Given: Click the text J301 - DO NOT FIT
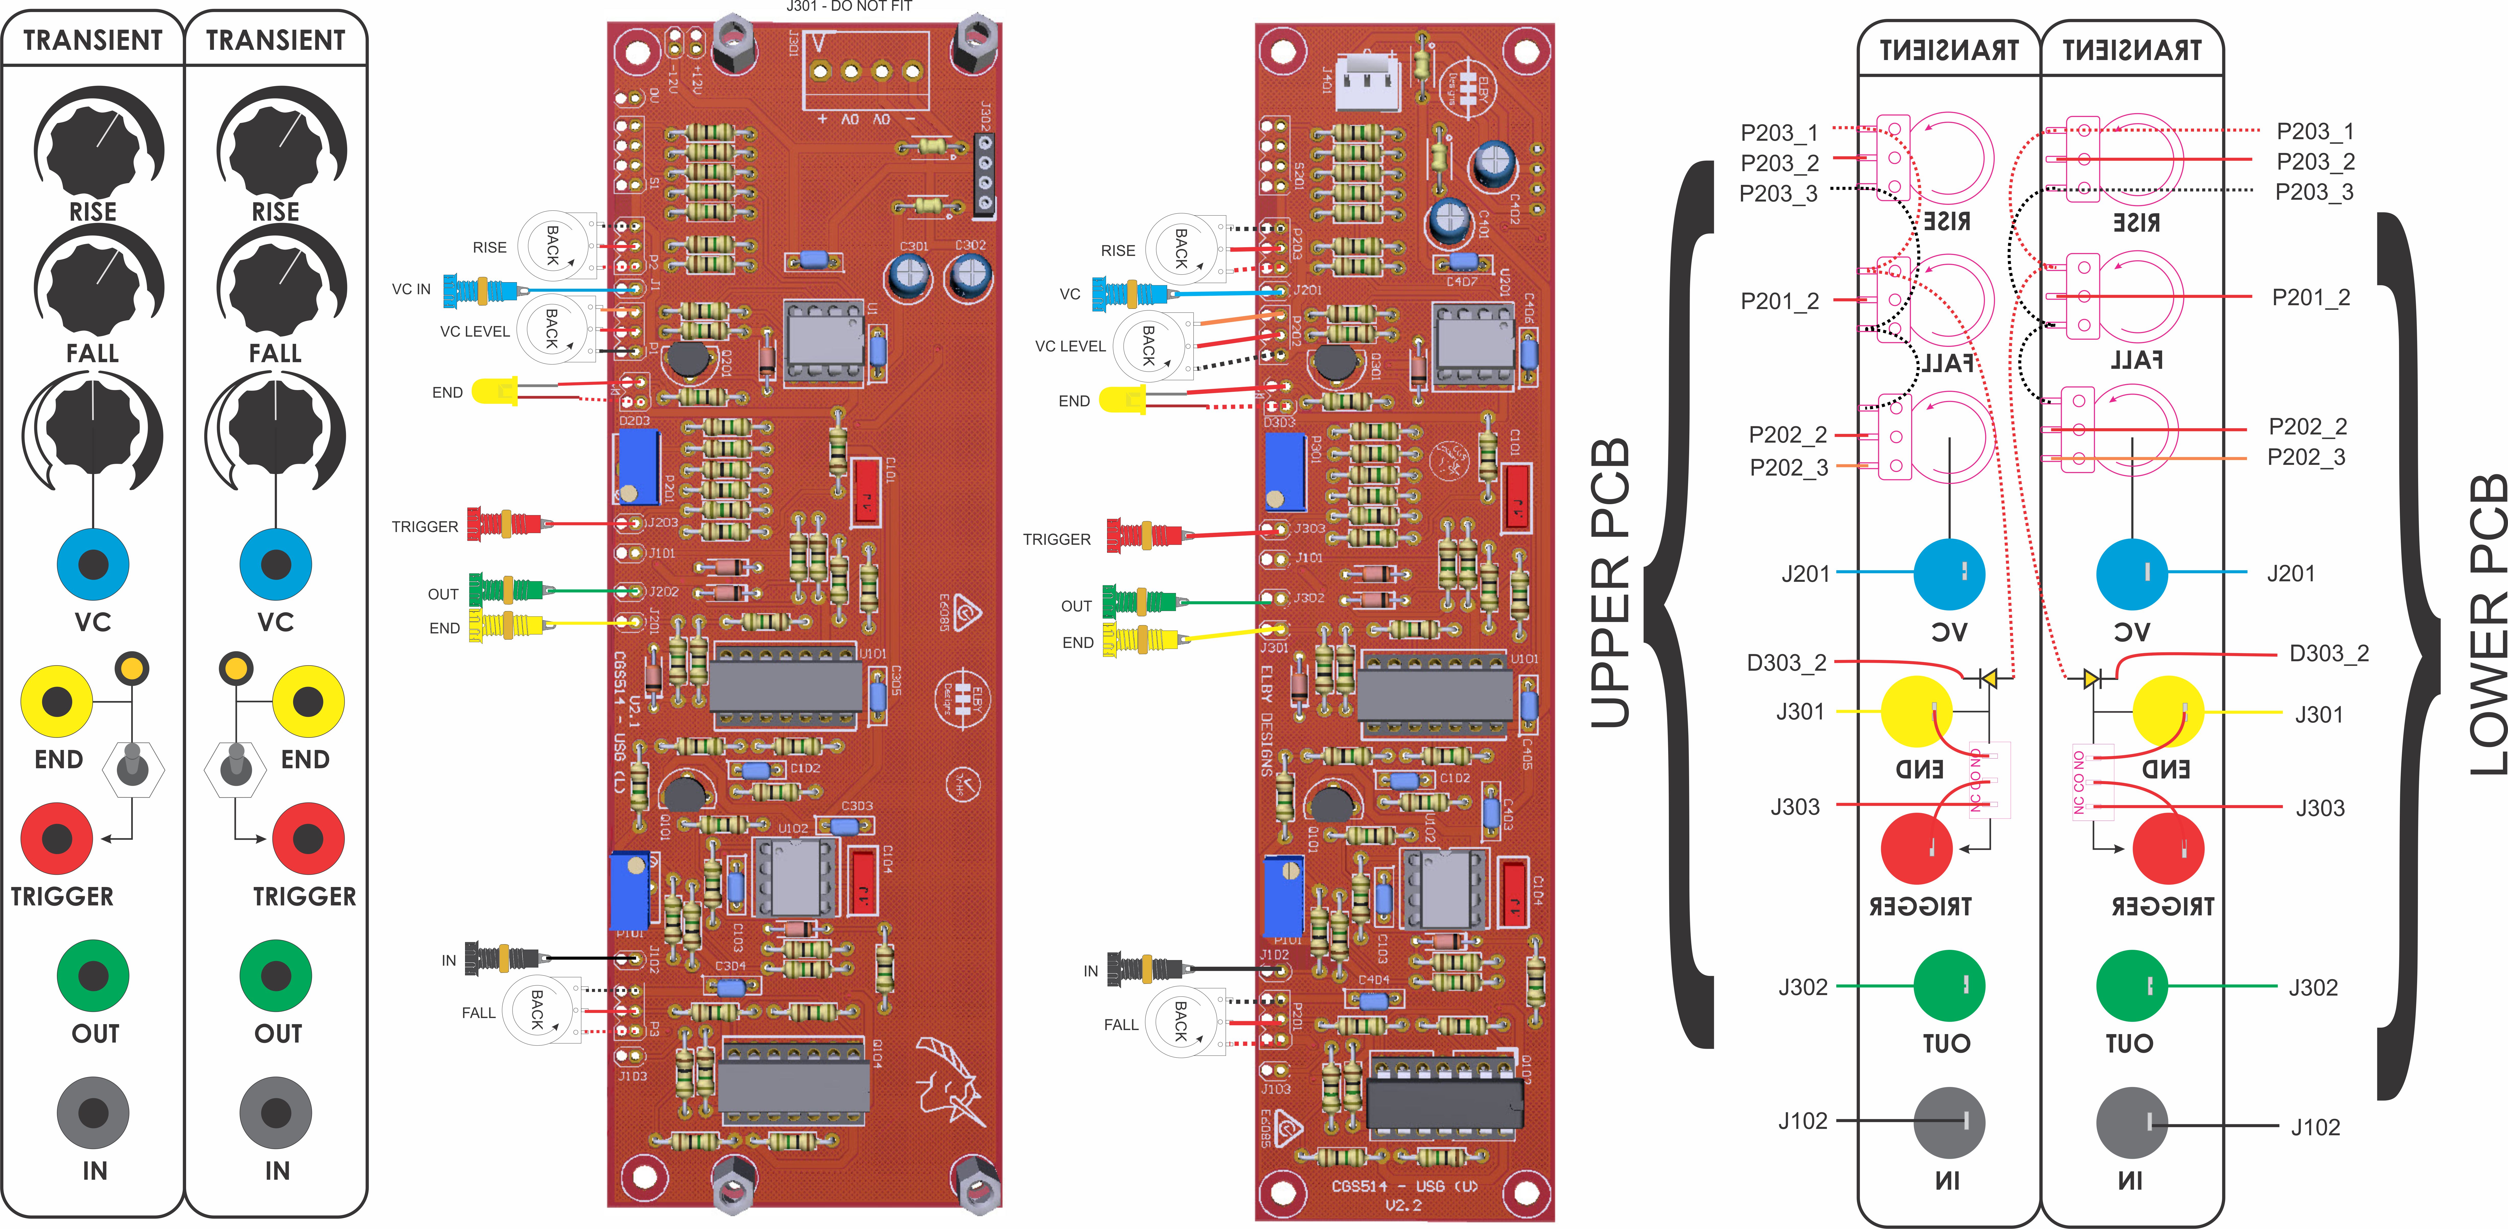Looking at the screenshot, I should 849,7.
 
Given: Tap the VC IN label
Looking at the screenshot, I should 411,289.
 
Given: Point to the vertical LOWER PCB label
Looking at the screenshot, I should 2488,623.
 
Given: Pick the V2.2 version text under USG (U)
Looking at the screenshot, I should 1403,1206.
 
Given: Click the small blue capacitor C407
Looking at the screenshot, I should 1460,261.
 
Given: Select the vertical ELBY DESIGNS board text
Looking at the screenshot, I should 1267,721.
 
